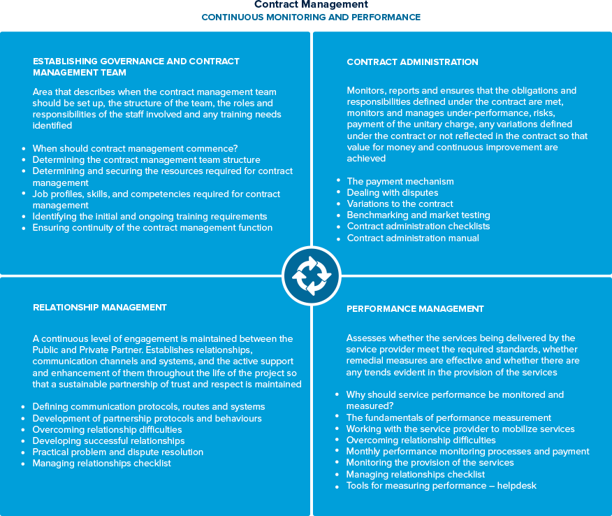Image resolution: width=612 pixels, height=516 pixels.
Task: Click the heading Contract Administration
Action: [412, 62]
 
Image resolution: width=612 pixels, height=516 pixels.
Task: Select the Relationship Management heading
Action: [100, 307]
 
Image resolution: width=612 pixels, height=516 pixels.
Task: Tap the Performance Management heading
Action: [415, 308]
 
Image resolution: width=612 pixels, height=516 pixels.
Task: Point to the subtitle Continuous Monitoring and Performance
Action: [311, 17]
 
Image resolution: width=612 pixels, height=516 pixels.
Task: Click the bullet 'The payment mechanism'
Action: [400, 181]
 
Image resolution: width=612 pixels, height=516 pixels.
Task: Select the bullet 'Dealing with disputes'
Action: [393, 192]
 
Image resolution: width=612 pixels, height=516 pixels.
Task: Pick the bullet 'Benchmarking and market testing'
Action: [418, 215]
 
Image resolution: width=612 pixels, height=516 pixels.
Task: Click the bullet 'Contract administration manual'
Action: [413, 238]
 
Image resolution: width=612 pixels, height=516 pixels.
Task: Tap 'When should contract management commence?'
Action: [136, 148]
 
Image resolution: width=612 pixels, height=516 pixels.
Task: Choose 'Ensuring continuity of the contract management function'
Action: [152, 227]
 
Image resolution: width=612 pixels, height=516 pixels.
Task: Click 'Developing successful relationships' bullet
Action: [108, 440]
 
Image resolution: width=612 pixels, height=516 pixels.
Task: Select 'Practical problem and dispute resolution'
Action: [118, 452]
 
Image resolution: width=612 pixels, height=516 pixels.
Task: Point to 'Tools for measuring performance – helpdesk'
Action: [442, 485]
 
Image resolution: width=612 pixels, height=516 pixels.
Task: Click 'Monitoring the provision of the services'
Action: [430, 462]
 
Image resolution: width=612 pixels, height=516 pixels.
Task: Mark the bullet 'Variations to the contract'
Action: [400, 203]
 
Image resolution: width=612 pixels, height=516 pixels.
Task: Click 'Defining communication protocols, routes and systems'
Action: [149, 406]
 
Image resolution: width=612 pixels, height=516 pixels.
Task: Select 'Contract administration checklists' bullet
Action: [418, 226]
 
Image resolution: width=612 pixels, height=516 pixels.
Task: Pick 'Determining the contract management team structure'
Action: [147, 159]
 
